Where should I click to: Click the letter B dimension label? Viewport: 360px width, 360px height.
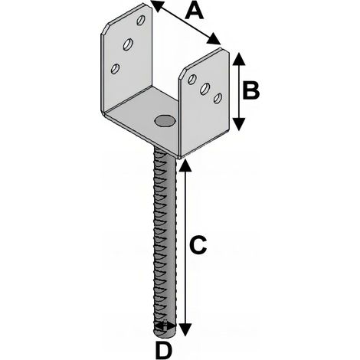250,90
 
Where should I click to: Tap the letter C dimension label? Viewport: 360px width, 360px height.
198,245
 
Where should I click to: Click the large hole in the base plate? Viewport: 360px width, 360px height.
165,120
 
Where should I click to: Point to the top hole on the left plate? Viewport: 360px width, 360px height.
141,20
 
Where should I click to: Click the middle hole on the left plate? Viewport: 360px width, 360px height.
128,44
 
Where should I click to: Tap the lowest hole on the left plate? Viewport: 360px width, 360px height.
116,69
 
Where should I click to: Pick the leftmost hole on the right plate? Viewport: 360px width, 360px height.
192,79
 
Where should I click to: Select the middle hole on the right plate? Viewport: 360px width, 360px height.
205,89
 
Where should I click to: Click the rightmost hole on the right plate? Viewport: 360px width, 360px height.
218,98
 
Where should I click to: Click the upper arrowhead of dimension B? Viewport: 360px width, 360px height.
239,59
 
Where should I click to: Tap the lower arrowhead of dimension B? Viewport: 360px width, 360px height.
239,124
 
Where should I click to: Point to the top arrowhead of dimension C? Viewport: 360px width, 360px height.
185,166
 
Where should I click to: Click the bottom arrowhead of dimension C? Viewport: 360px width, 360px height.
185,329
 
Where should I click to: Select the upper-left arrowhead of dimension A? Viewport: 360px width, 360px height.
157,5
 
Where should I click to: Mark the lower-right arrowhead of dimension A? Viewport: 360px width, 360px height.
214,39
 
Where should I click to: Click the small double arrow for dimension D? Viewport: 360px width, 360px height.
165,326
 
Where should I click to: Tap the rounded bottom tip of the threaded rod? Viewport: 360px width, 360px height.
165,334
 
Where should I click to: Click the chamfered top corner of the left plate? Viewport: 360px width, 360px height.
105,29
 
